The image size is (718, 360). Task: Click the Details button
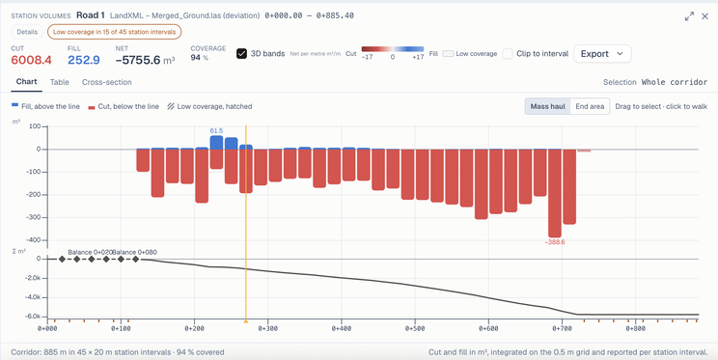(x=27, y=32)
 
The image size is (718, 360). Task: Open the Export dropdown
(x=602, y=54)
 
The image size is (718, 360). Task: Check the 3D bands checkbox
(x=242, y=54)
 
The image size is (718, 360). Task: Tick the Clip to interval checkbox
(x=508, y=54)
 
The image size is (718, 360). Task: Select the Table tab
(x=60, y=82)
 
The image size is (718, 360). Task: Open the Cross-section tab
(x=107, y=82)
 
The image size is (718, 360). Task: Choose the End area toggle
(x=590, y=106)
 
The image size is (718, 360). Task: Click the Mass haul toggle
(x=547, y=106)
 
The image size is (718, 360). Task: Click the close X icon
(x=705, y=16)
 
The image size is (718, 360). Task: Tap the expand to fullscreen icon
(x=689, y=16)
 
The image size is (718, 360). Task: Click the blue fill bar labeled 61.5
(x=216, y=143)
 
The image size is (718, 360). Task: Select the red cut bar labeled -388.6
(x=555, y=193)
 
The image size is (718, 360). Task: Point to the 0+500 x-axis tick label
(x=415, y=328)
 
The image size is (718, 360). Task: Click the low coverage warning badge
(x=115, y=32)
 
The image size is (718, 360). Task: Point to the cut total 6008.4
(x=31, y=60)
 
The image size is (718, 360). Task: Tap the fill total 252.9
(x=84, y=60)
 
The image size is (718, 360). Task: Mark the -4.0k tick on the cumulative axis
(x=34, y=297)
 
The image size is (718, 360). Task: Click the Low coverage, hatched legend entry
(x=209, y=106)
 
